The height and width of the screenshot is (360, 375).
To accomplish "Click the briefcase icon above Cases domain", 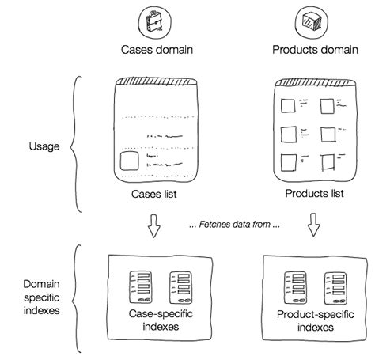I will pos(151,19).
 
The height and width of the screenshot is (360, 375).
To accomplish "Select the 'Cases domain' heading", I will pos(157,50).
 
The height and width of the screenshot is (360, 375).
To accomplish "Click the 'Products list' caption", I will pos(315,193).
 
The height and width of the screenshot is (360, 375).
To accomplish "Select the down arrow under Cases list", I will pos(156,229).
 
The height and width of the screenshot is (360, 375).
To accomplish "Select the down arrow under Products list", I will pos(313,229).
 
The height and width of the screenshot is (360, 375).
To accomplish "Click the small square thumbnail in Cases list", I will pos(130,164).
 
